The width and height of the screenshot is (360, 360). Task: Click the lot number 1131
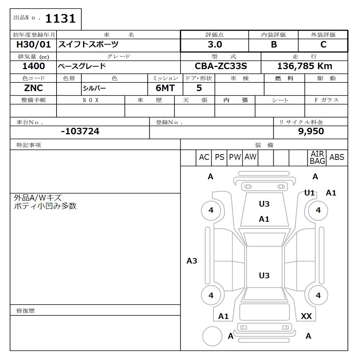point(60,19)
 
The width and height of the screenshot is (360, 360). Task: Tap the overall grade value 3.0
point(215,45)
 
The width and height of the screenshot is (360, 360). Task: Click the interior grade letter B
point(274,45)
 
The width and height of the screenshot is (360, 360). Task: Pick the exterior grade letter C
point(323,45)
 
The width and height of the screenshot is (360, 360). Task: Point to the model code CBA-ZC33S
point(221,66)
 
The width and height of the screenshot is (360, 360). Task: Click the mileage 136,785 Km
point(305,66)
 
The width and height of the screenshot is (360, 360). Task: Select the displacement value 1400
point(33,66)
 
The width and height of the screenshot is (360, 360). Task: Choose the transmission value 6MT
point(165,88)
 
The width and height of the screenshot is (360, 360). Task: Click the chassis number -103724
point(80,131)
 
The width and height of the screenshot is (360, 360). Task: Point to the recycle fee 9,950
point(311,131)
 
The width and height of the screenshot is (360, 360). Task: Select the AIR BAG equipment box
point(318,158)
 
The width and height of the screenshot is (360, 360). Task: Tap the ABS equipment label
point(337,157)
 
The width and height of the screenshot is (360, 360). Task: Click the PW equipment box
point(235,157)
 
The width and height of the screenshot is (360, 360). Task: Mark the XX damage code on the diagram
point(306,316)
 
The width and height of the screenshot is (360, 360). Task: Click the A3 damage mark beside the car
point(192,261)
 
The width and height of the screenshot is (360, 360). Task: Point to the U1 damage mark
point(309,193)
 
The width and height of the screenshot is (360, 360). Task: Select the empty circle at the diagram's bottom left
point(212,337)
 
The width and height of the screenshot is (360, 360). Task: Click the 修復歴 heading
point(26,310)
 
